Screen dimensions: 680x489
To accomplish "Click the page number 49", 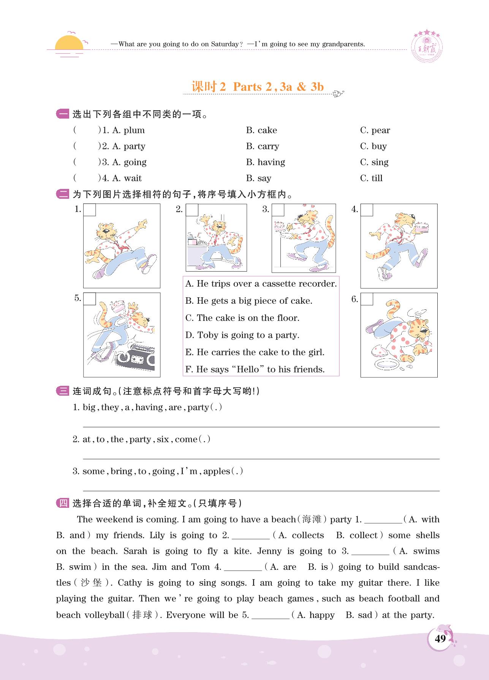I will coord(440,639).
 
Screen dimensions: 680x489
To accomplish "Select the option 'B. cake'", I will coord(261,130).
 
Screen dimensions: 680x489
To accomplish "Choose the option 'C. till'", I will coord(371,178).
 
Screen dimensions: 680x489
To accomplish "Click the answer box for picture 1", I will coord(90,210).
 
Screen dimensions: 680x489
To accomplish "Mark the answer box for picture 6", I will coord(367,299).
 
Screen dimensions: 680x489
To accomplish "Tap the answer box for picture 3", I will coord(278,210).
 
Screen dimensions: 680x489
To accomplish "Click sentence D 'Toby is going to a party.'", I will coord(242,335).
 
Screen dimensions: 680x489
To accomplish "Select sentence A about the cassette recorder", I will coord(261,284).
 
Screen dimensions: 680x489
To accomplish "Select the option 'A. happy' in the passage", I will coord(316,615).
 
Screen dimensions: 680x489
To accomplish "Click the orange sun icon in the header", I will coord(69,43).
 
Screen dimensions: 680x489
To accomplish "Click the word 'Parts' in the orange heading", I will coord(247,87).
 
